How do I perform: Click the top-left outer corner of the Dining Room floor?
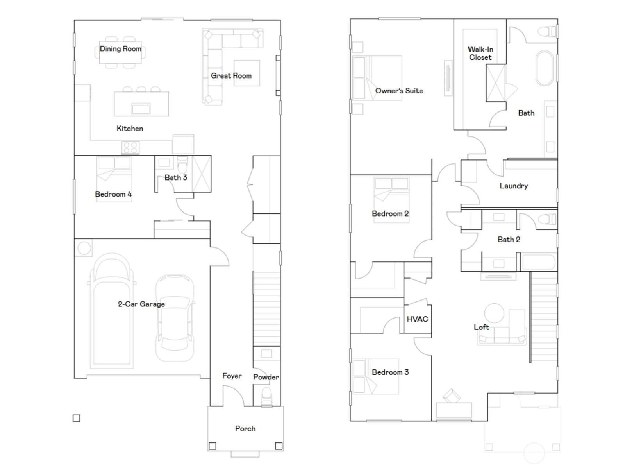click(74, 20)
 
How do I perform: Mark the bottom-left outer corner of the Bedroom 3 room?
click(350, 421)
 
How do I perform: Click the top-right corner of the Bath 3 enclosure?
click(211, 156)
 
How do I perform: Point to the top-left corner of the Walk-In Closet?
click(454, 19)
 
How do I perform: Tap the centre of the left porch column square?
click(212, 446)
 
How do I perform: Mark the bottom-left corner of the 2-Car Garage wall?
click(74, 378)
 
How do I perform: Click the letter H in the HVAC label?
click(409, 319)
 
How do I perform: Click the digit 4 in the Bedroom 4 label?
click(130, 194)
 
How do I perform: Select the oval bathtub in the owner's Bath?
click(545, 68)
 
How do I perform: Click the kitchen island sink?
click(141, 109)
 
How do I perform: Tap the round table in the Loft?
click(494, 313)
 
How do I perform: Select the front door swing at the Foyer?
click(234, 396)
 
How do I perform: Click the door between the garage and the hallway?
click(220, 256)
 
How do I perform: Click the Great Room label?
click(231, 76)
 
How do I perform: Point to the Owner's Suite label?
click(399, 91)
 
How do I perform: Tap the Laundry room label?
click(514, 186)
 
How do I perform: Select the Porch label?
click(245, 429)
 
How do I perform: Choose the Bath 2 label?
click(509, 240)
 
